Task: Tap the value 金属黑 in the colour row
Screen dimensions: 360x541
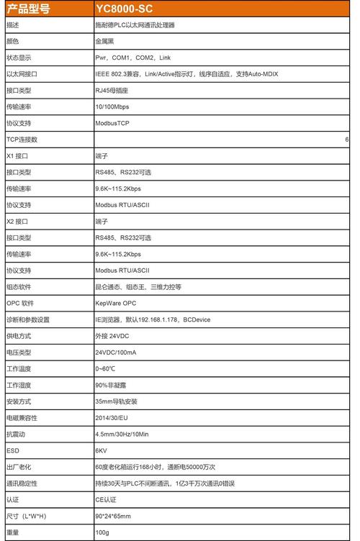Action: [106, 41]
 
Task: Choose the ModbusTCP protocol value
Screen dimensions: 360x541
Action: [112, 123]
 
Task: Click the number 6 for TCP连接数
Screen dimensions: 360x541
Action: [346, 140]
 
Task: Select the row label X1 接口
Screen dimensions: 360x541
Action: [19, 156]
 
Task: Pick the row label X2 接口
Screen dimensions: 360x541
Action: [19, 222]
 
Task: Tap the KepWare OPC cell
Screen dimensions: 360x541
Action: [115, 304]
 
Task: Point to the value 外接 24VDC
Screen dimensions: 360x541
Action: [112, 336]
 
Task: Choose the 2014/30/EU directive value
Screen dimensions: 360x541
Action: [111, 417]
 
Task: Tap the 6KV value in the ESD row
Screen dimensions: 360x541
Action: [101, 450]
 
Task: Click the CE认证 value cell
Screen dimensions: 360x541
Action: [105, 499]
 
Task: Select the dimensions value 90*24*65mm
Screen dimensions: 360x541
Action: [113, 516]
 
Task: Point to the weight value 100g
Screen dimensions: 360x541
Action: [102, 532]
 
